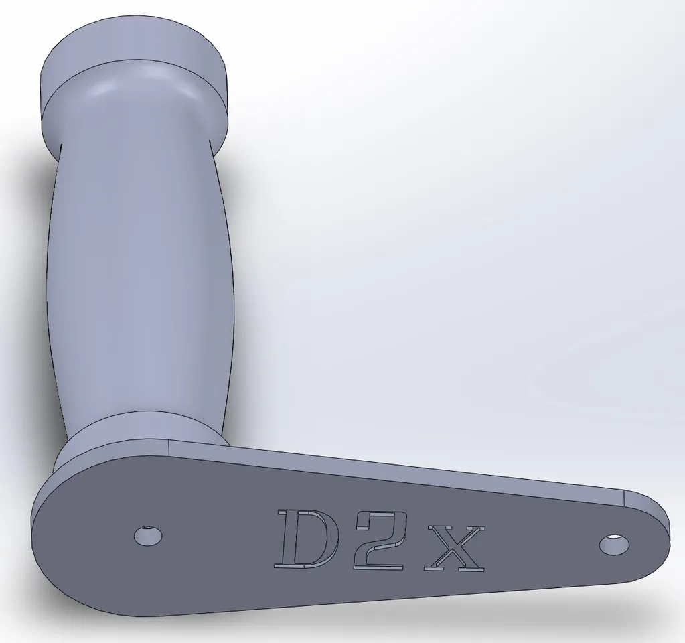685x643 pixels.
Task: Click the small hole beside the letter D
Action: point(147,536)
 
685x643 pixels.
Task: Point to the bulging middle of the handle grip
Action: point(141,268)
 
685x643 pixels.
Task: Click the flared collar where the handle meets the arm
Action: point(134,429)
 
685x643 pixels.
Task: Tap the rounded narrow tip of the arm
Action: point(660,536)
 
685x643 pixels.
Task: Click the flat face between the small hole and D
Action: point(214,536)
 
